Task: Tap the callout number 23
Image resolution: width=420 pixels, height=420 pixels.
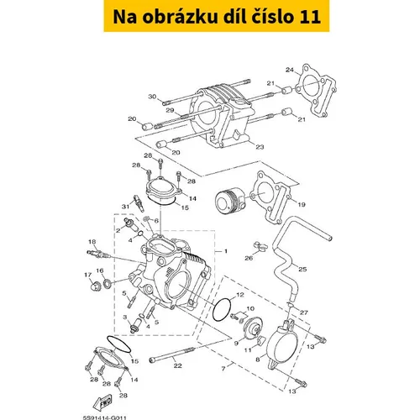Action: [260, 147]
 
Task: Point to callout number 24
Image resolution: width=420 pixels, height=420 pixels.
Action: [290, 70]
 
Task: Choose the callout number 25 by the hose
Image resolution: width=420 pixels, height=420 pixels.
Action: [302, 269]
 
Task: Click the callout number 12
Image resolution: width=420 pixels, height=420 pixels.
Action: [240, 295]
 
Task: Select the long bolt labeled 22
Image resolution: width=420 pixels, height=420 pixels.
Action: [172, 354]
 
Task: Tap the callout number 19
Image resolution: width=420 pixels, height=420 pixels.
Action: [302, 204]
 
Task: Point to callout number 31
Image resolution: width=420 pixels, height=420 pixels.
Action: [125, 207]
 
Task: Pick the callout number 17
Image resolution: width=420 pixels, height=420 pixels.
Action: [88, 276]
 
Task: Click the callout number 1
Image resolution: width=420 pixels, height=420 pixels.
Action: [226, 251]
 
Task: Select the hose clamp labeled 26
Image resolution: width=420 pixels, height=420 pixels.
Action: [260, 247]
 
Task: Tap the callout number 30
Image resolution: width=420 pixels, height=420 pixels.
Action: [152, 97]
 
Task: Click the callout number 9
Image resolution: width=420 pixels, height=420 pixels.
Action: [236, 344]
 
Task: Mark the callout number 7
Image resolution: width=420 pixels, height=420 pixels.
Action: [223, 369]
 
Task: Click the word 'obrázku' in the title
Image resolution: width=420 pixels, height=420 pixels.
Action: [180, 17]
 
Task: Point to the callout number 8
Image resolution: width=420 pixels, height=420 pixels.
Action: [258, 359]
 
